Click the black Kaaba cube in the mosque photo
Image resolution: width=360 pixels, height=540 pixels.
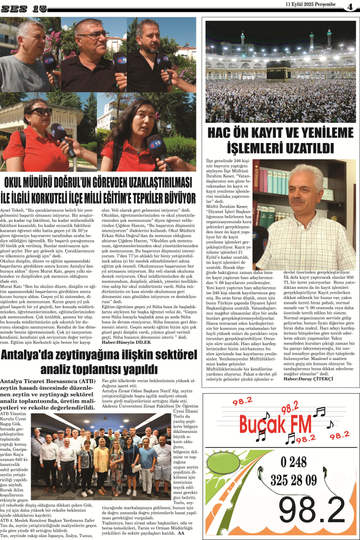click(278, 71)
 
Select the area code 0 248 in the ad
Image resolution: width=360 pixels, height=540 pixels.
click(293, 462)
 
